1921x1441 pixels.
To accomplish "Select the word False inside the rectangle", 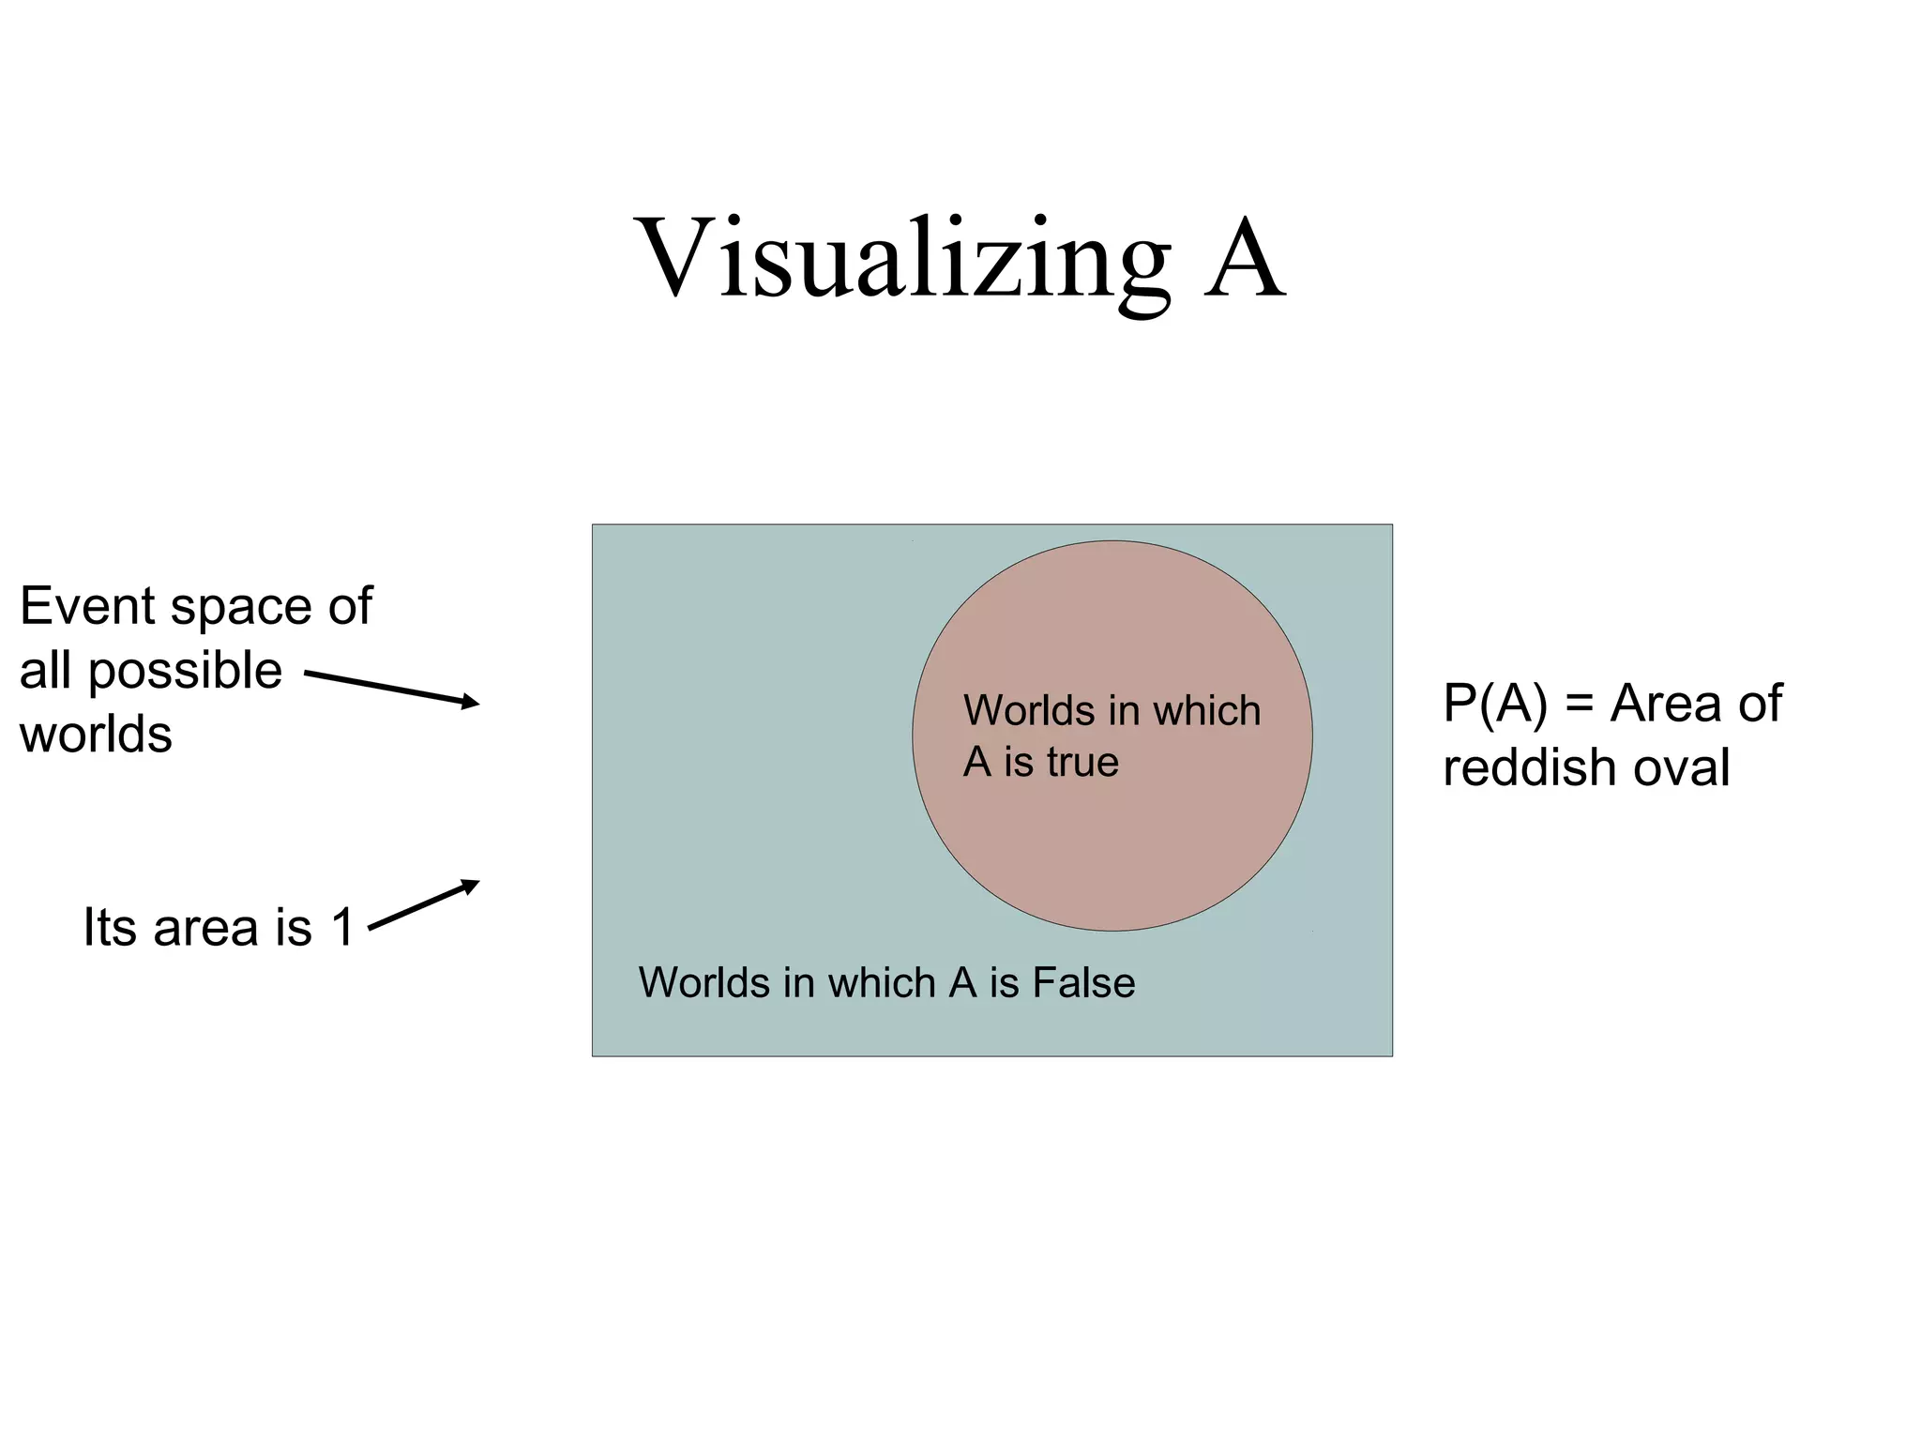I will click(x=1083, y=983).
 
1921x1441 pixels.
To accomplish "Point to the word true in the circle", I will click(x=1082, y=762).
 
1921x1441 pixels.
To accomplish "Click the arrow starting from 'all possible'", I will click(x=391, y=688).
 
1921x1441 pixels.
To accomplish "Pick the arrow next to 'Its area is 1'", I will click(x=424, y=904).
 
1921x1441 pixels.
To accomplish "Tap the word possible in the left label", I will click(x=185, y=671).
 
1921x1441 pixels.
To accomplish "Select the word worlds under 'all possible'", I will click(x=96, y=734).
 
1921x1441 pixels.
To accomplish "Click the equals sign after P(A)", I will click(x=1580, y=704).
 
